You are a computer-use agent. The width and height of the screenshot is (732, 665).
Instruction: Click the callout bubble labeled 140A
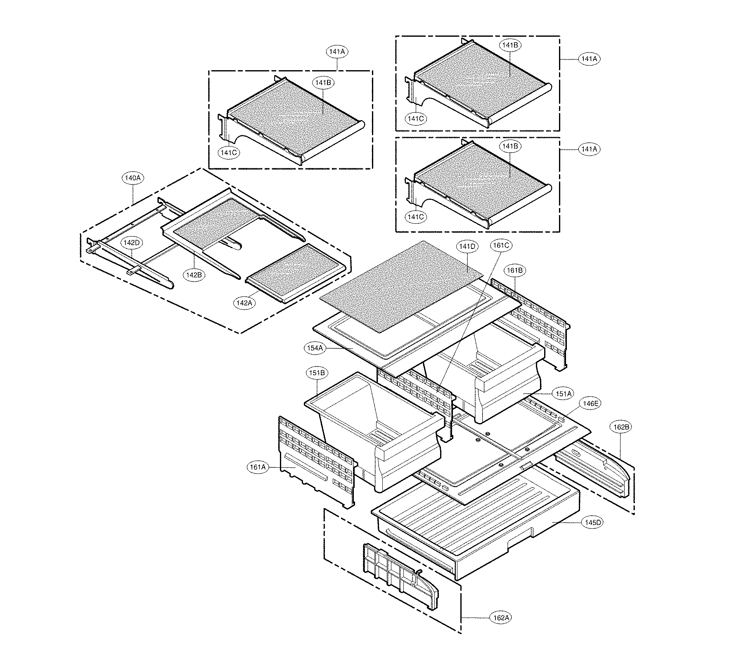click(x=133, y=178)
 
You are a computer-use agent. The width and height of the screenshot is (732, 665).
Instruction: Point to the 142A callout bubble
click(x=244, y=303)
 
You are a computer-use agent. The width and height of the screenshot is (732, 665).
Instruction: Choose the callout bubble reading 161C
click(x=501, y=246)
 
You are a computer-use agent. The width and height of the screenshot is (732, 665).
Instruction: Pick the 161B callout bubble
click(x=515, y=270)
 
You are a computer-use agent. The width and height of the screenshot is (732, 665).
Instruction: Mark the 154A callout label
click(x=315, y=348)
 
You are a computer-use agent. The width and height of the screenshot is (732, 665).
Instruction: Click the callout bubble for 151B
click(x=317, y=373)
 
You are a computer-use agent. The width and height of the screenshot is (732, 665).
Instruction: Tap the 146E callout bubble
click(x=590, y=404)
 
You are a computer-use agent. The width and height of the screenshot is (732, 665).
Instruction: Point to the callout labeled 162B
click(x=621, y=427)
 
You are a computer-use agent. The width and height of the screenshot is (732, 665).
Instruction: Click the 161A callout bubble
click(x=257, y=467)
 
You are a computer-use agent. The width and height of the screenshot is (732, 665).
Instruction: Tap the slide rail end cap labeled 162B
click(x=599, y=466)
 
